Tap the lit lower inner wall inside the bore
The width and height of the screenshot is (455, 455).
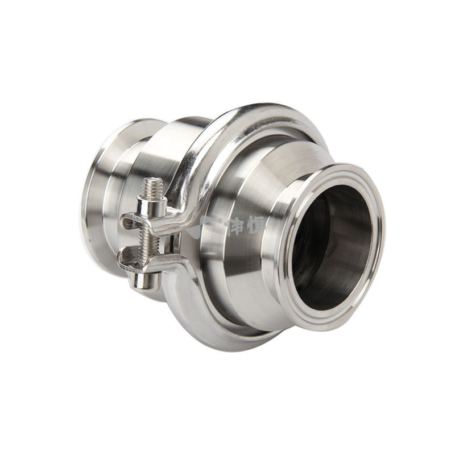[x=341, y=284]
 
